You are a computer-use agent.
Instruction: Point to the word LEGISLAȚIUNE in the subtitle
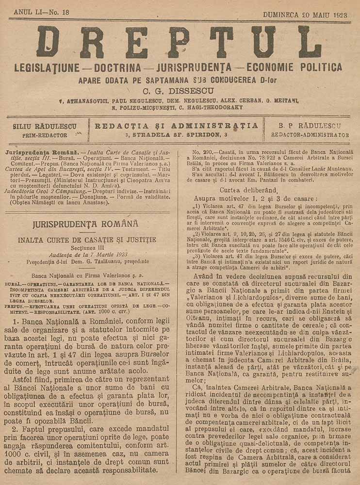tap(50, 67)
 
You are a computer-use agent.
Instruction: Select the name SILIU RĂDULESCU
tap(44, 127)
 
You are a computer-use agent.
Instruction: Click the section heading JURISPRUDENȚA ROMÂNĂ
tap(85, 224)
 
